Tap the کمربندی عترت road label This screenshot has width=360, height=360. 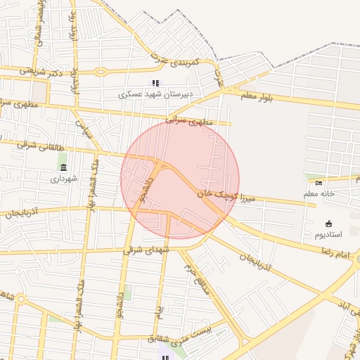[x=170, y=63]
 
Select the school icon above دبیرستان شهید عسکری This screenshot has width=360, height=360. [x=155, y=83]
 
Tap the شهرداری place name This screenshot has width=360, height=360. [x=65, y=179]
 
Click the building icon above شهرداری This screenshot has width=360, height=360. [x=64, y=167]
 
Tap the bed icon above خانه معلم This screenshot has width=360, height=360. [x=319, y=183]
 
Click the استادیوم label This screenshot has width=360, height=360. [x=327, y=233]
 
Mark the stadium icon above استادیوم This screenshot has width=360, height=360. [x=328, y=223]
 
